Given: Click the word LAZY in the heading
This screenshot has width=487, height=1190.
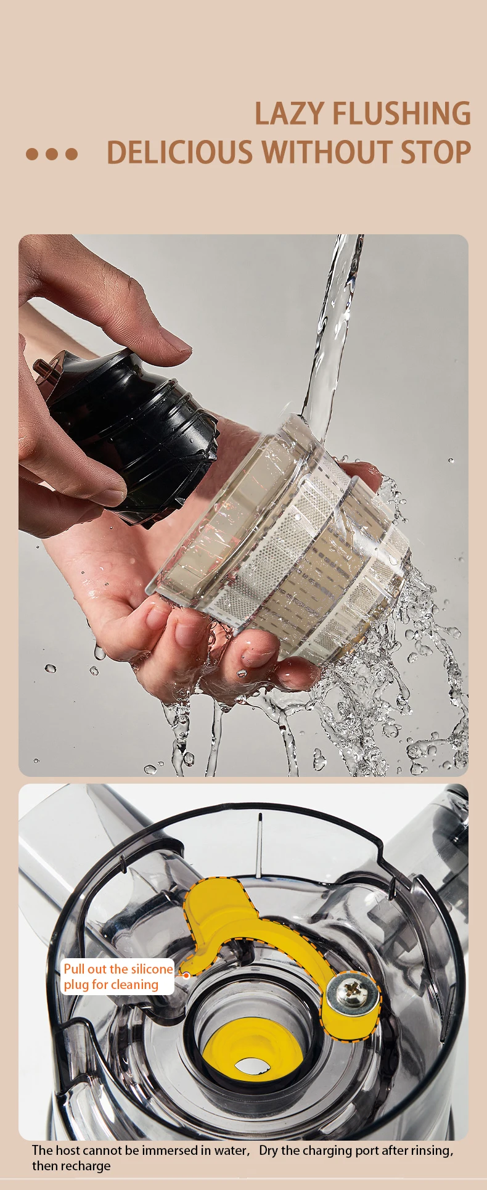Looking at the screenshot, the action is pyautogui.click(x=289, y=113).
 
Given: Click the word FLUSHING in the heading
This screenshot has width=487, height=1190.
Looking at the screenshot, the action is pyautogui.click(x=401, y=113).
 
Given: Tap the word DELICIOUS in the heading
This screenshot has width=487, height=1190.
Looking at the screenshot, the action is pyautogui.click(x=180, y=152).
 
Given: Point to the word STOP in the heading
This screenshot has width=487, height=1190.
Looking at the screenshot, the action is pyautogui.click(x=436, y=152).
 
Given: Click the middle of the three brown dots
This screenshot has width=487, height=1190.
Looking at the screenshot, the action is pyautogui.click(x=52, y=154).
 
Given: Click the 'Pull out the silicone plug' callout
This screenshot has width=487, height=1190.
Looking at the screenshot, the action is pyautogui.click(x=118, y=977).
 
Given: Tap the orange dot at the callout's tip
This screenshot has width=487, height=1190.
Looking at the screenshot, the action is pyautogui.click(x=186, y=975).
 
